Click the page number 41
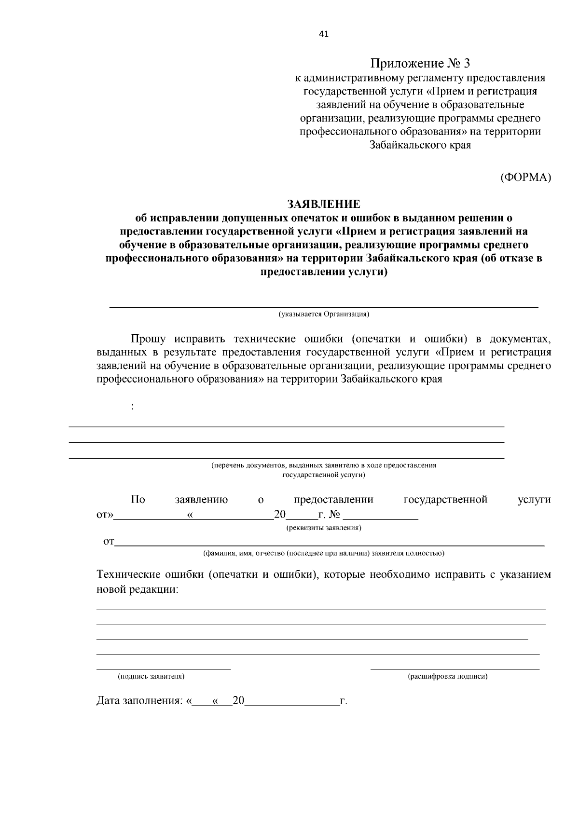coord(324,34)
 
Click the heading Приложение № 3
coord(420,63)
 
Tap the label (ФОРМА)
coord(525,177)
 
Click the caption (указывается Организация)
coord(324,314)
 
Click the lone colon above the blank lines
coord(133,407)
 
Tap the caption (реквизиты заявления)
coord(324,528)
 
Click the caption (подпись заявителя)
coord(151,677)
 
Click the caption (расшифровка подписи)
coord(448,677)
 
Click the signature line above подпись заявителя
coord(164,669)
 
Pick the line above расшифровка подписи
coord(455,669)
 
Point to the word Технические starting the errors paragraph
coord(128,575)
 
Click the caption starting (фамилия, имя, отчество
coord(324,553)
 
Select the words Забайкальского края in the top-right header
coord(420,145)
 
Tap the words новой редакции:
coord(138,589)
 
